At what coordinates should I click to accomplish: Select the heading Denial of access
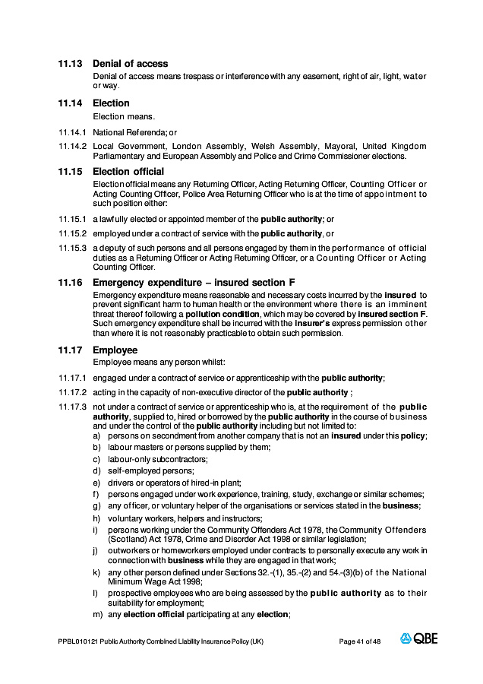pyautogui.click(x=131, y=64)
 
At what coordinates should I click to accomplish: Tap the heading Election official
pyautogui.click(x=128, y=172)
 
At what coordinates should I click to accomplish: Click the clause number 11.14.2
pyautogui.click(x=73, y=146)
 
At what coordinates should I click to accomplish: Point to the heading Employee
pyautogui.click(x=115, y=350)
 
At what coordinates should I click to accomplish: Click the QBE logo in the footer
pyautogui.click(x=419, y=639)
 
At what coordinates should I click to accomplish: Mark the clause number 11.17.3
pyautogui.click(x=73, y=407)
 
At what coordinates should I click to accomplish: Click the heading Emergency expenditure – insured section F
pyautogui.click(x=194, y=283)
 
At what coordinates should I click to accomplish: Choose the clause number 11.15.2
pyautogui.click(x=73, y=233)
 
